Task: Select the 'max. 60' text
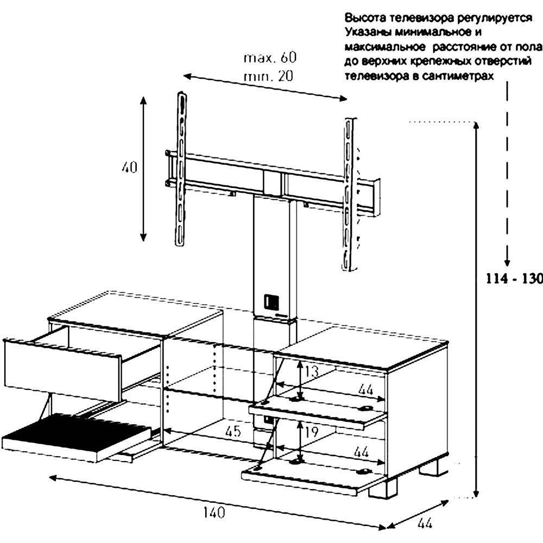point(271,58)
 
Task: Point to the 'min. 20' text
point(268,76)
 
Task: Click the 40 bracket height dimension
point(129,167)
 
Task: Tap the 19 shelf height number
point(311,432)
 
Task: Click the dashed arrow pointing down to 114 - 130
point(508,174)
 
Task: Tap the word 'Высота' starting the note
point(362,17)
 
